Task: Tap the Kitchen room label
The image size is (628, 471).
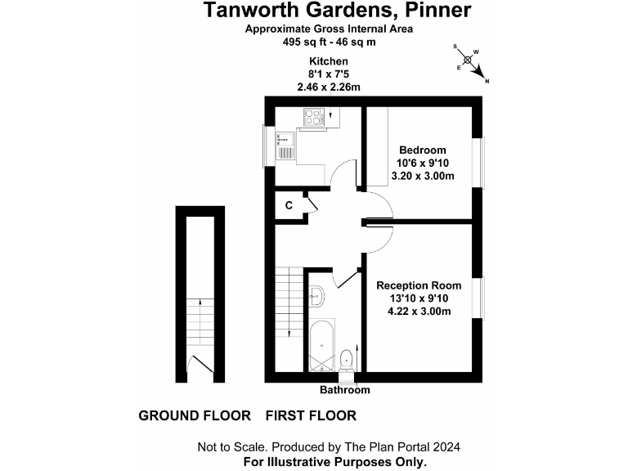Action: click(329, 61)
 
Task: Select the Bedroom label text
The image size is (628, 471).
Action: click(422, 150)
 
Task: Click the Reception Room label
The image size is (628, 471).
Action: click(419, 285)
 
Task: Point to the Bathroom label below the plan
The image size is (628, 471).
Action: click(344, 390)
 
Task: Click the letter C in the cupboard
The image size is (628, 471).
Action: click(289, 206)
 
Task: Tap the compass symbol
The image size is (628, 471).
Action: click(469, 60)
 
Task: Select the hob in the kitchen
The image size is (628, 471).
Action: click(313, 118)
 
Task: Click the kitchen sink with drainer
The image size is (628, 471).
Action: click(285, 146)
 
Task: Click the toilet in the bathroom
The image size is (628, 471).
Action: click(347, 358)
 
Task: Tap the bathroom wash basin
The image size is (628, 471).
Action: click(316, 297)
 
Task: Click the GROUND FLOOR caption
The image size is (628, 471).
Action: click(195, 415)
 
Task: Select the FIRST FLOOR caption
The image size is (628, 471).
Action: click(311, 415)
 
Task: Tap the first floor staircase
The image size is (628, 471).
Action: click(289, 303)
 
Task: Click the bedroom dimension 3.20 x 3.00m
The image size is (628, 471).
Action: click(422, 176)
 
